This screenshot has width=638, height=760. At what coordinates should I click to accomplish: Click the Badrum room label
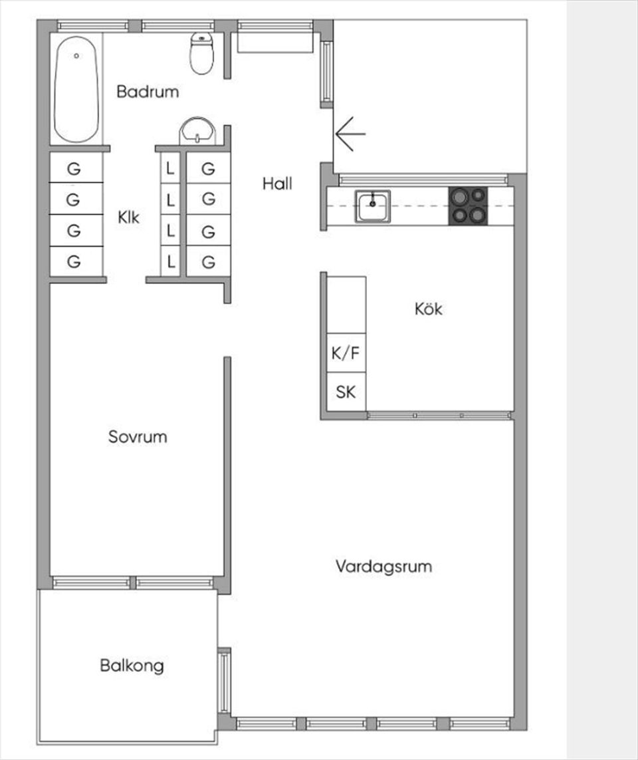pyautogui.click(x=148, y=92)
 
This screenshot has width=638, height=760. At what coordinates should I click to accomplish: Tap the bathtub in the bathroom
pyautogui.click(x=76, y=89)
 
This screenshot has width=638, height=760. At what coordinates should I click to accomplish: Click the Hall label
pyautogui.click(x=277, y=184)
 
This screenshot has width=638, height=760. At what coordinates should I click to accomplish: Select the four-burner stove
pyautogui.click(x=468, y=206)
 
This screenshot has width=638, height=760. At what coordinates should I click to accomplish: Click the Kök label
pyautogui.click(x=428, y=309)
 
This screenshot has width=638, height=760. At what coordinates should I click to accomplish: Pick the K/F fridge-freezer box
pyautogui.click(x=346, y=353)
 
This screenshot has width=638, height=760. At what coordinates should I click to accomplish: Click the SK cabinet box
pyautogui.click(x=346, y=392)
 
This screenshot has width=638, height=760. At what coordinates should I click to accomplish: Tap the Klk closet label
pyautogui.click(x=129, y=217)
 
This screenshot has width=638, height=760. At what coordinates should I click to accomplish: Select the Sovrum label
pyautogui.click(x=138, y=437)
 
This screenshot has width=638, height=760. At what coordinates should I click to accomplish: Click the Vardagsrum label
pyautogui.click(x=383, y=567)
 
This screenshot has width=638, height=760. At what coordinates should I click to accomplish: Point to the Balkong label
pyautogui.click(x=132, y=665)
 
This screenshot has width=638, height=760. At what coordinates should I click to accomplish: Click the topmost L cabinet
pyautogui.click(x=171, y=169)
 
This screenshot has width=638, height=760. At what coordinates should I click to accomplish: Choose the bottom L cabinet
pyautogui.click(x=171, y=262)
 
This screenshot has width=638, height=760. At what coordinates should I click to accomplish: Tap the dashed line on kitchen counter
pyautogui.click(x=419, y=206)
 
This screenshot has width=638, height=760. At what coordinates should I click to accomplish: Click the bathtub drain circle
pyautogui.click(x=76, y=57)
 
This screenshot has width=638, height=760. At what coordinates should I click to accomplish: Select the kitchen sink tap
pyautogui.click(x=373, y=197)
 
